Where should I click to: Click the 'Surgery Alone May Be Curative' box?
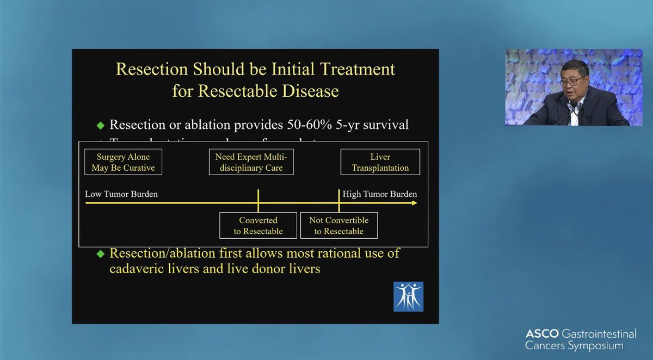coord(123,162)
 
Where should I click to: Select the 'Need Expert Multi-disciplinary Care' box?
coord(251,162)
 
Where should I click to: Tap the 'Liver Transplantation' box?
coord(380,162)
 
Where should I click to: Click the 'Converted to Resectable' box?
coord(258,225)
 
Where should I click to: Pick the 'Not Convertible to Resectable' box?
coord(338,225)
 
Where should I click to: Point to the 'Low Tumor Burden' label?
coord(121,194)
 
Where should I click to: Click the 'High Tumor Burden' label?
coord(380,194)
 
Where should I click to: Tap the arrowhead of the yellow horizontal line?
coord(415,203)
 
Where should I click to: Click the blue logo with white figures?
coord(408,296)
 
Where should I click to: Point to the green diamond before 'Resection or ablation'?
coord(100,125)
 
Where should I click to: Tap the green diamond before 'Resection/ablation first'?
coord(100,254)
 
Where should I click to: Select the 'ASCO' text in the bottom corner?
coord(540,333)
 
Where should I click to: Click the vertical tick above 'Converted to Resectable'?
coord(258,200)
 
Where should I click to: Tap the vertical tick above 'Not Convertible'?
coord(339,200)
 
